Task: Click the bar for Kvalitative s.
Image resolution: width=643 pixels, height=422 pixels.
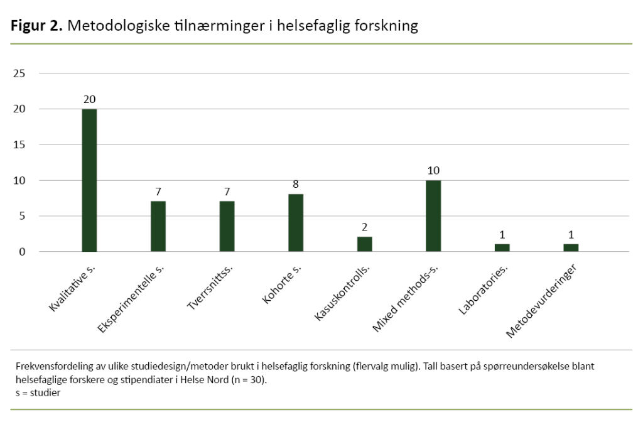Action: (89, 180)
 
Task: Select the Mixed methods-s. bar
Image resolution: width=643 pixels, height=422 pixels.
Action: (433, 216)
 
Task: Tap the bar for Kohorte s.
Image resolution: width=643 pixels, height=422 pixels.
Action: (296, 223)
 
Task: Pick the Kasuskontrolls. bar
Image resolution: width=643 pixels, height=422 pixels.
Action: (364, 244)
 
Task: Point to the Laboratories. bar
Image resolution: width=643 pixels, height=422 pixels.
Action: (502, 248)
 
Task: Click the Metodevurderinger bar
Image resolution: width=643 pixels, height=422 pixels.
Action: (571, 248)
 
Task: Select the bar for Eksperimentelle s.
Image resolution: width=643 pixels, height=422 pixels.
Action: (158, 227)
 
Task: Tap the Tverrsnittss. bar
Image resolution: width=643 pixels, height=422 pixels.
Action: (227, 227)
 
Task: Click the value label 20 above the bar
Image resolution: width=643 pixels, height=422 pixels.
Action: (89, 99)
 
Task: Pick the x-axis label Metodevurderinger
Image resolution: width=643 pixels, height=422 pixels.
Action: (541, 301)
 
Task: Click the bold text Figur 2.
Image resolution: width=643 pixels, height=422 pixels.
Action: (36, 26)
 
